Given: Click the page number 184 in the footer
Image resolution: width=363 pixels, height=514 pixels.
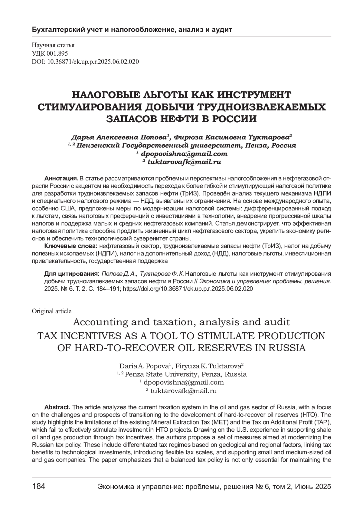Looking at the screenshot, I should [38, 486].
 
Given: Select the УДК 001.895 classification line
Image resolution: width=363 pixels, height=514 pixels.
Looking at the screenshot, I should [50, 54].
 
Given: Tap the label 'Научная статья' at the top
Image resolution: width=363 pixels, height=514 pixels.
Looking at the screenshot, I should [53, 45].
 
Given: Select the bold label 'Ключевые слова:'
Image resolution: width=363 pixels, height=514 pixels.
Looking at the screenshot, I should [71, 245].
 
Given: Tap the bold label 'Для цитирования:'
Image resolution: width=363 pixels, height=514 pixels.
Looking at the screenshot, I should [72, 274].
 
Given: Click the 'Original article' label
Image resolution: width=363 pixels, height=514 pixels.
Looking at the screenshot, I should [51, 311].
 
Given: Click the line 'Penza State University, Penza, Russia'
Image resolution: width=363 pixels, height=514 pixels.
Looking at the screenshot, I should [185, 374].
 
